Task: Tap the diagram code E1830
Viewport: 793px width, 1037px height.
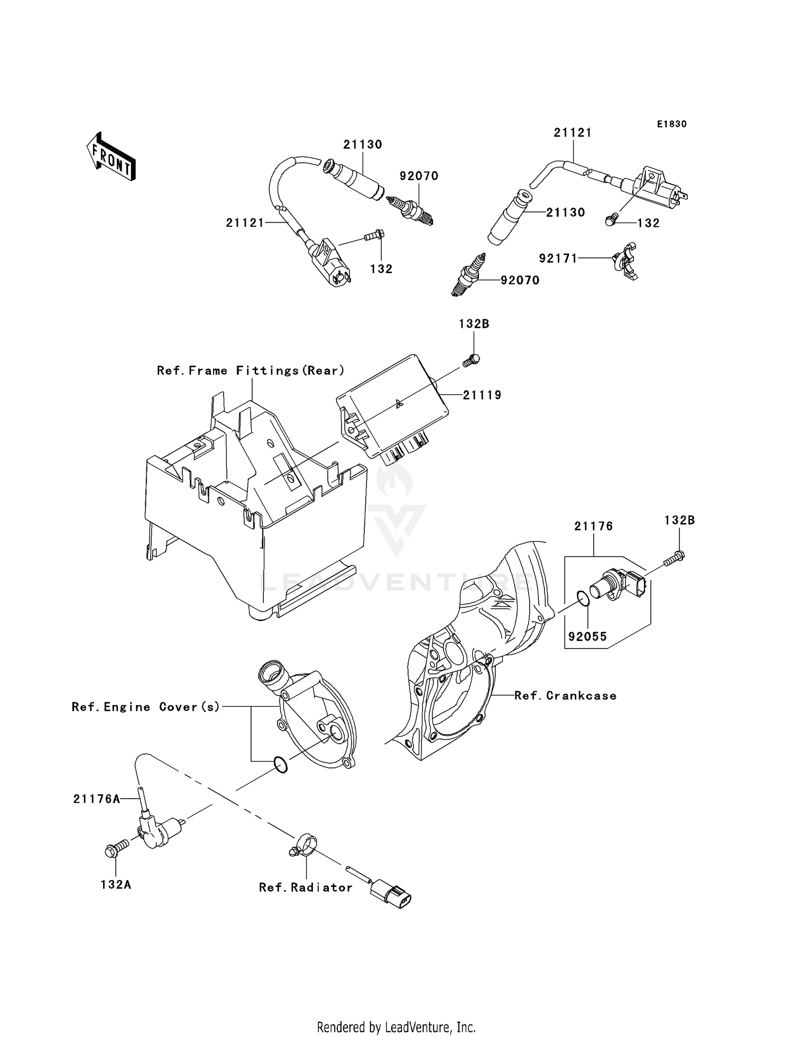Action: [671, 124]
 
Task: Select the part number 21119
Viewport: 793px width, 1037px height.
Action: [482, 395]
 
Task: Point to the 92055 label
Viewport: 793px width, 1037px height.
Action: [587, 637]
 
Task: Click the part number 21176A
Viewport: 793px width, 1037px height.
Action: [97, 799]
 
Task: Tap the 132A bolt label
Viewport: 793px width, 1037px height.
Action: [116, 884]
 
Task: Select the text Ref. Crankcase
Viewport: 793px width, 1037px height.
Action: [565, 696]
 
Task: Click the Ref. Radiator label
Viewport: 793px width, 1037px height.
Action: [306, 887]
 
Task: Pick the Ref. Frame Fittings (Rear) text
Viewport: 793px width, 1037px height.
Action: [251, 371]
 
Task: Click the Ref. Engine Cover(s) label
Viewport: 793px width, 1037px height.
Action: [146, 707]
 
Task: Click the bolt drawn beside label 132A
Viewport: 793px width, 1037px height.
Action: [115, 848]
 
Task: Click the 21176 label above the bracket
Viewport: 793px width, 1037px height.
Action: [594, 526]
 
